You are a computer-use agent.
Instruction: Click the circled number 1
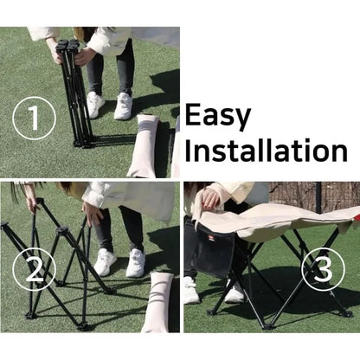pos(34,119)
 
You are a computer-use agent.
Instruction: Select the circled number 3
pos(324,269)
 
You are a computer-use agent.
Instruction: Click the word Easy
pos(217,116)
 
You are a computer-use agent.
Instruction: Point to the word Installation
pos(266,150)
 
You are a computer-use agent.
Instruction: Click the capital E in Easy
pos(193,114)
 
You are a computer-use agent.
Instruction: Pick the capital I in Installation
pos(188,150)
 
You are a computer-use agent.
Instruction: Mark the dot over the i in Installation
pos(307,141)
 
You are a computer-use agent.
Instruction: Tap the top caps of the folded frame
pos(68,44)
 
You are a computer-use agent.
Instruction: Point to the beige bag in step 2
pos(158,301)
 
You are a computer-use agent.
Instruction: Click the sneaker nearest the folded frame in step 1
pos(95,105)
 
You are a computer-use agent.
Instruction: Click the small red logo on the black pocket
pos(209,237)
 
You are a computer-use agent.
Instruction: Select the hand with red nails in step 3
pos(210,200)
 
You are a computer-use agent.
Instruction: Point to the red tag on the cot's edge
pos(357,216)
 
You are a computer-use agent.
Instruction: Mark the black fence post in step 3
pos(318,196)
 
